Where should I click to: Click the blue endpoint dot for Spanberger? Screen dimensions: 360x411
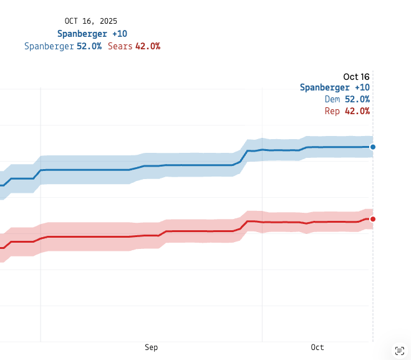[373, 147]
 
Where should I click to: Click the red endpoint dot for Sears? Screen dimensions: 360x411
[373, 219]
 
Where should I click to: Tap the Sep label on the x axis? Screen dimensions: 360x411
[151, 348]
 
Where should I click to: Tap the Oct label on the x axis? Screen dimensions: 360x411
[317, 348]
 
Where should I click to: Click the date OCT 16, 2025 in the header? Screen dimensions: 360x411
[91, 21]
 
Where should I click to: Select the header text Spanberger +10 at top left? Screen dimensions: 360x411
[92, 34]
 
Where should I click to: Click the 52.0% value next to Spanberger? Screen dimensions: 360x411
[89, 46]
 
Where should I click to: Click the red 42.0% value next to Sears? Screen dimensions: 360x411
[148, 46]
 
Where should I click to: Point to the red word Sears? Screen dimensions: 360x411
[120, 46]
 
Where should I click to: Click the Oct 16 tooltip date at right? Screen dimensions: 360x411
[356, 76]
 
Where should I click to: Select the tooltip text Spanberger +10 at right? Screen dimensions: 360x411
[335, 87]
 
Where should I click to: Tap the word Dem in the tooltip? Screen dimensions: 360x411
[332, 99]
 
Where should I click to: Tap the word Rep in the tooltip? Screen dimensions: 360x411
[332, 111]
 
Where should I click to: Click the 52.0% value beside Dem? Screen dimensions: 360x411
[357, 99]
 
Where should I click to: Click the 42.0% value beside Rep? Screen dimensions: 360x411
[357, 111]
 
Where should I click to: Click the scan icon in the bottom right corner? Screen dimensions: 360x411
[399, 350]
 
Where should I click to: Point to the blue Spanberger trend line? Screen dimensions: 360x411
[187, 165]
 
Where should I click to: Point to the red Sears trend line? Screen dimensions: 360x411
[187, 231]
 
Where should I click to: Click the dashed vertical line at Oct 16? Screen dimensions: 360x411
[373, 281]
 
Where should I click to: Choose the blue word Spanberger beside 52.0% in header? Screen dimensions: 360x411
[49, 46]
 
